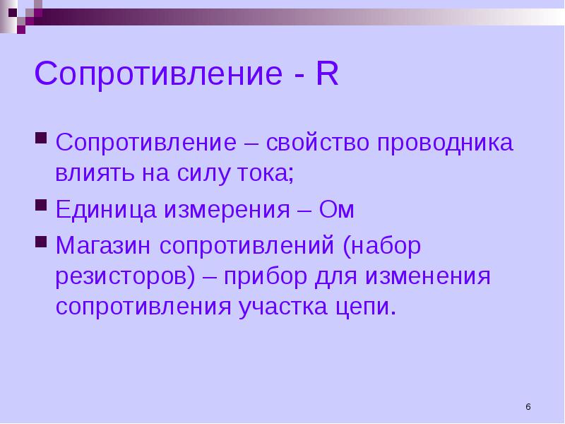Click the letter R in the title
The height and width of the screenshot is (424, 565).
327,73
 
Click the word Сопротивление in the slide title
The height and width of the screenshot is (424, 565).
158,74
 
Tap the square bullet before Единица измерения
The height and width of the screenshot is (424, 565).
41,205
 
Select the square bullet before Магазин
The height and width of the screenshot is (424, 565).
41,241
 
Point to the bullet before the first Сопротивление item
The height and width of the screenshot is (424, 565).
41,138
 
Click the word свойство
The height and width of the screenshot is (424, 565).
318,142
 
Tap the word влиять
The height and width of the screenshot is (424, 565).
95,172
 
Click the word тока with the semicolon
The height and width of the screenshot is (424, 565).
266,173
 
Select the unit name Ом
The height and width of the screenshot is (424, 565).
337,209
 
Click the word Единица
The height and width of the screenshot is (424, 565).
106,210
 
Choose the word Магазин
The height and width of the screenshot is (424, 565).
103,245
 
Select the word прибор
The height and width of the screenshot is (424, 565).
266,277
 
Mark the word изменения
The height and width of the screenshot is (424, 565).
428,276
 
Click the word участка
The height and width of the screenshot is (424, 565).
283,308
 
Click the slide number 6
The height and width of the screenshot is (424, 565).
528,407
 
